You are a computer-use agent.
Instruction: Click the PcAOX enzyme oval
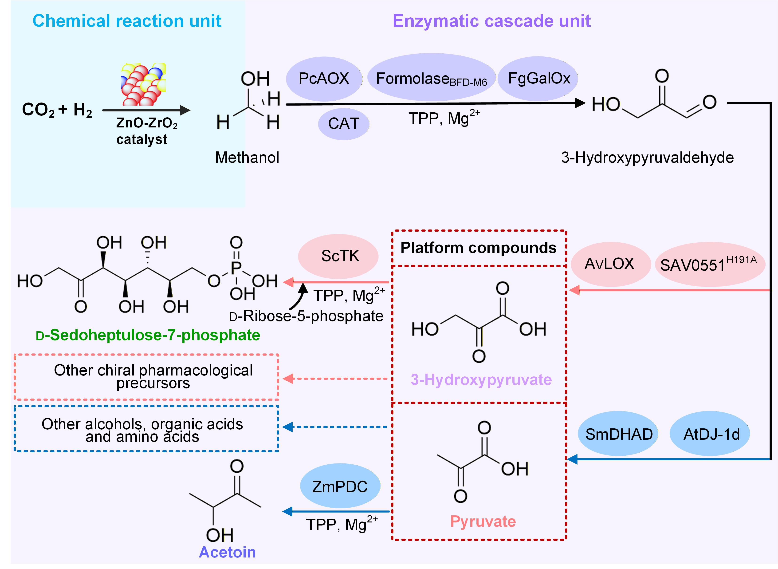point(324,78)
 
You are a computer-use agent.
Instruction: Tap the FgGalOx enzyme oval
point(539,79)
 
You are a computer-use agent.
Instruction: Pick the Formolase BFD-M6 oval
point(431,79)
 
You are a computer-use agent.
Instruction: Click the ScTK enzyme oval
point(339,256)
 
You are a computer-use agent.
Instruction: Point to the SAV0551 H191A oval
point(709,264)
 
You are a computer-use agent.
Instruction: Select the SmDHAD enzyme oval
point(619,434)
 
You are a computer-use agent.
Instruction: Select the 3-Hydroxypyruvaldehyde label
point(647,157)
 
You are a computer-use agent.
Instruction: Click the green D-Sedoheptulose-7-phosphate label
point(148,335)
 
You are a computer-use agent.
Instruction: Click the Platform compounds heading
point(479,248)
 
